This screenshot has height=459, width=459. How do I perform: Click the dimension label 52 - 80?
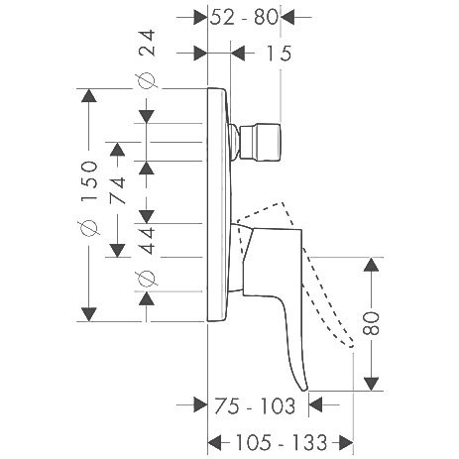click(244, 17)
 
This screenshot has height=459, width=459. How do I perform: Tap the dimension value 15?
click(280, 54)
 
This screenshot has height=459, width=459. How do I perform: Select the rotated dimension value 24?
click(147, 43)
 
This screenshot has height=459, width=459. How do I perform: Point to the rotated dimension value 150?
click(89, 180)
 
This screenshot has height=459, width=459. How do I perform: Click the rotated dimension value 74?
click(117, 190)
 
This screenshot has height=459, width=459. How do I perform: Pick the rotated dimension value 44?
click(147, 240)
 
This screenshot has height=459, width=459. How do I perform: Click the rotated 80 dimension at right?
click(371, 323)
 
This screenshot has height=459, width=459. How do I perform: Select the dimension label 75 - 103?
click(255, 405)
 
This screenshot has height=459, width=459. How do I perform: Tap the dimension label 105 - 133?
click(281, 442)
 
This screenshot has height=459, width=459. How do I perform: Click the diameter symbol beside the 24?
click(146, 80)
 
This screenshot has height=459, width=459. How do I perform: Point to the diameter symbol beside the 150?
click(89, 228)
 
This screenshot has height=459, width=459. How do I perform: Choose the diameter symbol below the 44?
click(146, 279)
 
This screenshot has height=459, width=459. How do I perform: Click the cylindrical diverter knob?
click(261, 143)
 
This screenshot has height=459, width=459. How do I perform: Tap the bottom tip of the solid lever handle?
click(304, 390)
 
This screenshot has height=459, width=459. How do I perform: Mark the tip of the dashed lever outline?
click(351, 346)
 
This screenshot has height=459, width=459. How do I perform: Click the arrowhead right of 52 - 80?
click(287, 17)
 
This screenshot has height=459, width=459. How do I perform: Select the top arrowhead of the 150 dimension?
click(89, 95)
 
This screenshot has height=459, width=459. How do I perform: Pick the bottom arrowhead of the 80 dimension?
click(372, 384)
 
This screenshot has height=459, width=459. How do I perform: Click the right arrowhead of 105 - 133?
click(346, 442)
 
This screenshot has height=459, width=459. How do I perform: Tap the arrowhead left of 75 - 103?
click(200, 404)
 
